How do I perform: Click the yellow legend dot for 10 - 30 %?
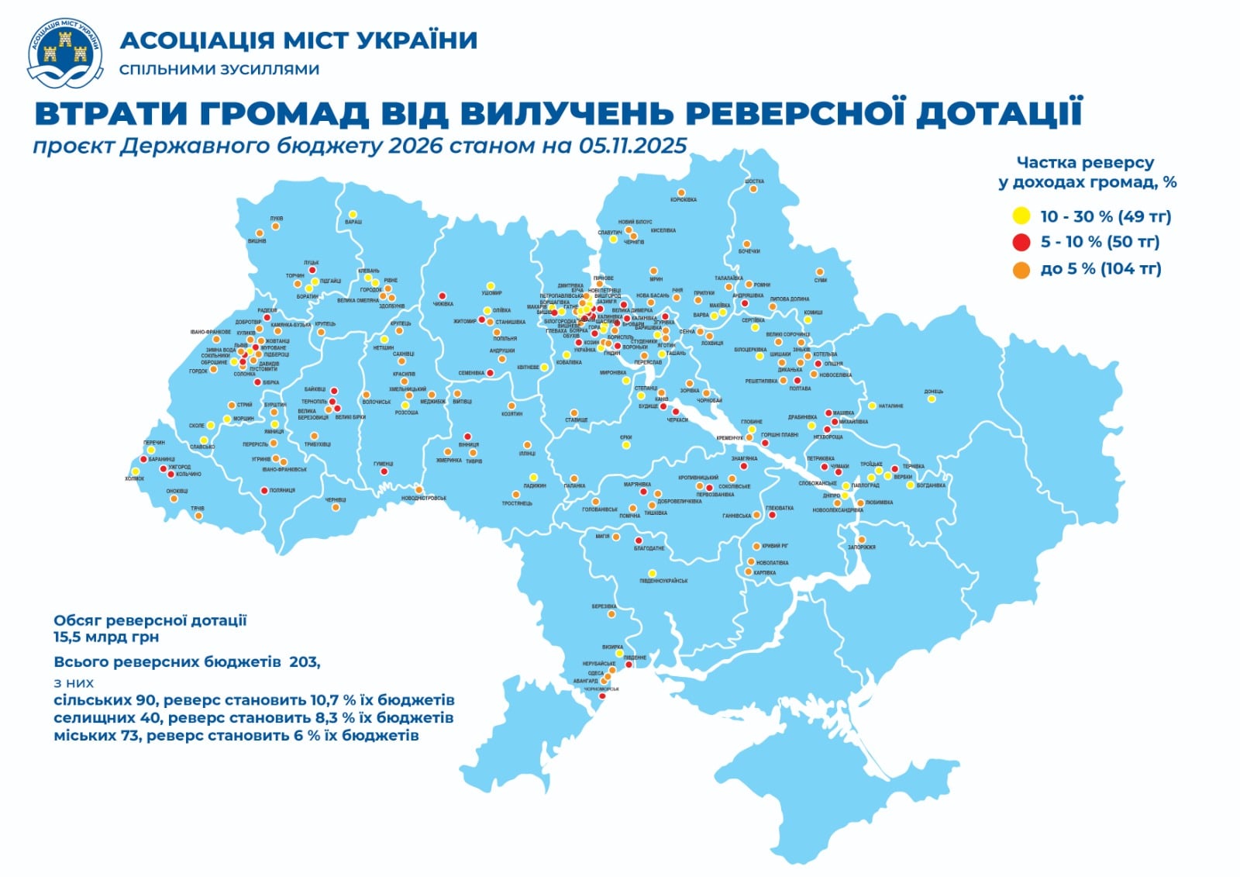point(1021,216)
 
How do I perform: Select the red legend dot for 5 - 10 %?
point(1021,242)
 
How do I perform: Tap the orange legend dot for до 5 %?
point(1021,270)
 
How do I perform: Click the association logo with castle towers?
point(65,53)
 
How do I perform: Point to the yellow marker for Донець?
point(932,399)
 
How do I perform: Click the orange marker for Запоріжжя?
point(861,540)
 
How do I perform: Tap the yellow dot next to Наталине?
point(872,406)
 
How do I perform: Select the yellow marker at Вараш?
point(353,214)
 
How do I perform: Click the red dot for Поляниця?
point(264,490)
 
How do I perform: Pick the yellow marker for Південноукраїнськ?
point(652,574)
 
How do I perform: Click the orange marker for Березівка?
point(611,614)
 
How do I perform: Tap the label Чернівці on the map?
point(336,500)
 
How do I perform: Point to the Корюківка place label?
point(683,200)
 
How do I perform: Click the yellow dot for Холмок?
point(136,471)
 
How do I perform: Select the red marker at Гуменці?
point(383,471)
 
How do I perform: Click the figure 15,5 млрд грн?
point(106,637)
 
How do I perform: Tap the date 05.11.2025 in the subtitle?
point(632,146)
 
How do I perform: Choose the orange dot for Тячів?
point(198,516)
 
